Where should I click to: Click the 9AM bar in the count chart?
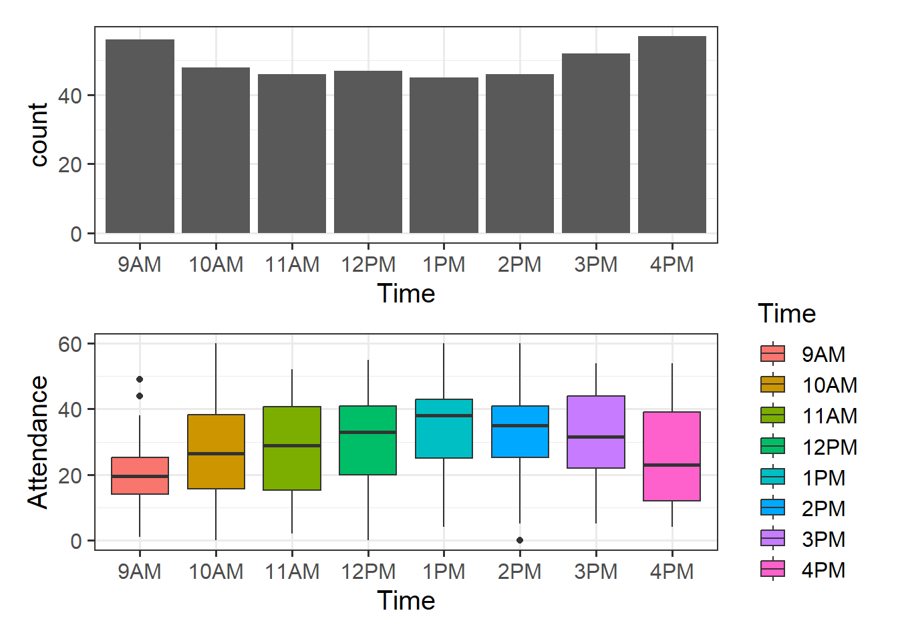pyautogui.click(x=140, y=136)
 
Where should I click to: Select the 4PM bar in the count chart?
pyautogui.click(x=672, y=135)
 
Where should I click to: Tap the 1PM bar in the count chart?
pyautogui.click(x=444, y=155)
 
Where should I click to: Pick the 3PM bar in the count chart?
pyautogui.click(x=596, y=143)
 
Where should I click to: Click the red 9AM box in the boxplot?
pyautogui.click(x=140, y=475)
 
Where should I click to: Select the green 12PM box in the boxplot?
pyautogui.click(x=368, y=440)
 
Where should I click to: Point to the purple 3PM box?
pyautogui.click(x=596, y=432)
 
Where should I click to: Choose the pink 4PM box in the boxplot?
pyautogui.click(x=672, y=456)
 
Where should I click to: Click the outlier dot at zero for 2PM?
pyautogui.click(x=520, y=540)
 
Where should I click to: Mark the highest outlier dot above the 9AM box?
pyautogui.click(x=140, y=379)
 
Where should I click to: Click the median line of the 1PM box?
pyautogui.click(x=444, y=415)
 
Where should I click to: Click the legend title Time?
pyautogui.click(x=786, y=314)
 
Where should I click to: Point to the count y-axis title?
pyautogui.click(x=39, y=135)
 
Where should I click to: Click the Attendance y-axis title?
pyautogui.click(x=38, y=442)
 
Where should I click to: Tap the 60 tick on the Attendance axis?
pyautogui.click(x=69, y=345)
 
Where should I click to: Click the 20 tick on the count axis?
pyautogui.click(x=69, y=164)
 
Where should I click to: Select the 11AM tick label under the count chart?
pyautogui.click(x=292, y=264)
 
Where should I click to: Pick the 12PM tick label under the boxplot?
pyautogui.click(x=368, y=572)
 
